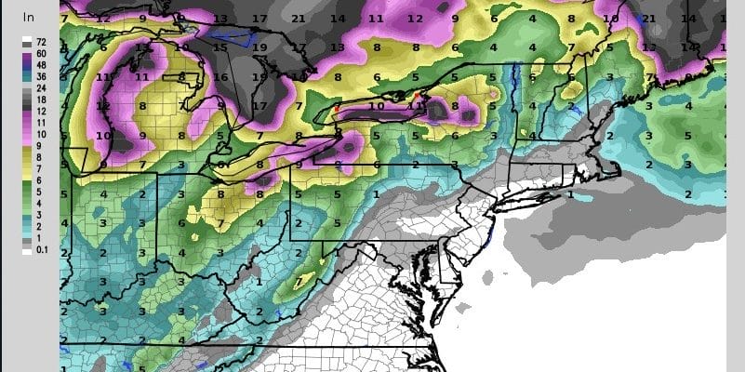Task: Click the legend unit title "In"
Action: (29, 17)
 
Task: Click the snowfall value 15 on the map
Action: (220, 47)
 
